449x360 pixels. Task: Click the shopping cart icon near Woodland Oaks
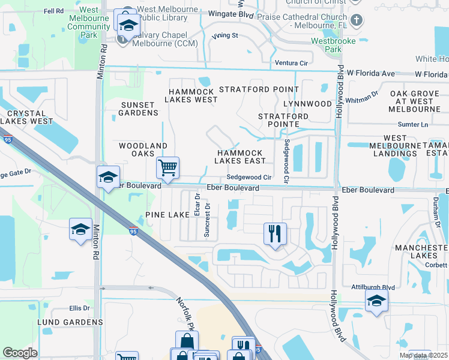coord(168,167)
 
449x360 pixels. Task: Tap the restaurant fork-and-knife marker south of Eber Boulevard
coord(275,233)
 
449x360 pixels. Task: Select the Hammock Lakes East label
coord(240,157)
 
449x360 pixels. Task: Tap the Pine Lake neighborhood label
coord(167,215)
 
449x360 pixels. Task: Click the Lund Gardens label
coord(70,322)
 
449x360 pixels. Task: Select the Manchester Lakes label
coord(420,251)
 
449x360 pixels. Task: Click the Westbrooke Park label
coord(333,46)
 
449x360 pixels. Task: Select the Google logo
coord(20,353)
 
